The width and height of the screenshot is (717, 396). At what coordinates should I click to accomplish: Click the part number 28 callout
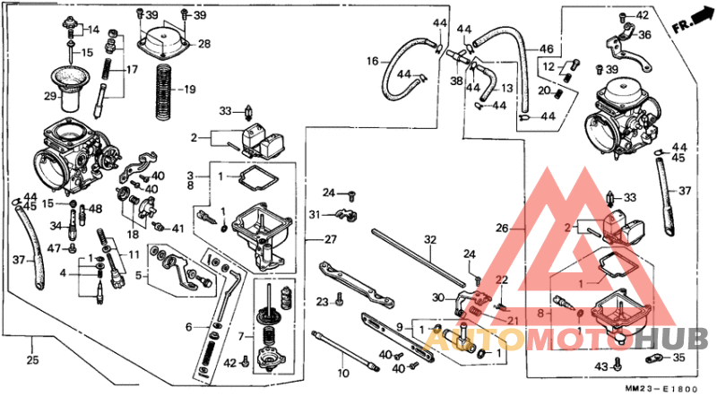204,44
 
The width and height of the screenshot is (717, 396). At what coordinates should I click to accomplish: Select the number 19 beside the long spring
188,89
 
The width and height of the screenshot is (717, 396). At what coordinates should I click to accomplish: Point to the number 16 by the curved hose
372,61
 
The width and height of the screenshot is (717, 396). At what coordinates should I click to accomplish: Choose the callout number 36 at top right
644,35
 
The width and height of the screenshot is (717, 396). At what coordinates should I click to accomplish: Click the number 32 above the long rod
430,239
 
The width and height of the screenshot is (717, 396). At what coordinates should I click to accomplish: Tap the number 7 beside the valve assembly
239,336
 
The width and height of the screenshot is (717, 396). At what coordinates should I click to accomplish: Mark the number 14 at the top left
92,30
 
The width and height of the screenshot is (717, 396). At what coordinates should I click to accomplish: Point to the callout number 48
96,210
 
